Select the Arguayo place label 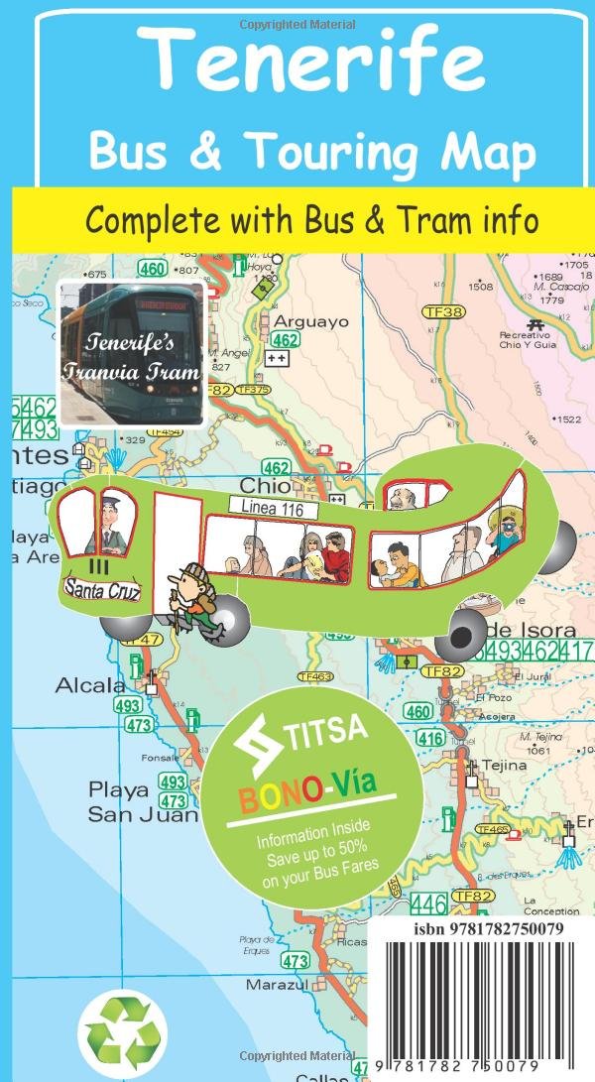[x=310, y=321]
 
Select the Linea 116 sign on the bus [x=273, y=507]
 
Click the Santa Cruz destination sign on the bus [x=103, y=589]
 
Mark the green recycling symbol [x=123, y=1031]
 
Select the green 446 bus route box [x=427, y=903]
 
